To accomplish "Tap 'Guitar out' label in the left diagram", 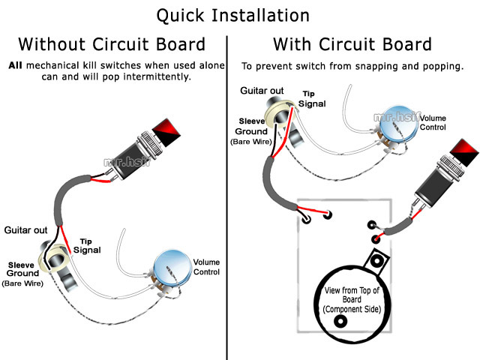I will tap(26, 229).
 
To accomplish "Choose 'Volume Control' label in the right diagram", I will tap(432, 123).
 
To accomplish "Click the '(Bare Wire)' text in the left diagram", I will tap(23, 283).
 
